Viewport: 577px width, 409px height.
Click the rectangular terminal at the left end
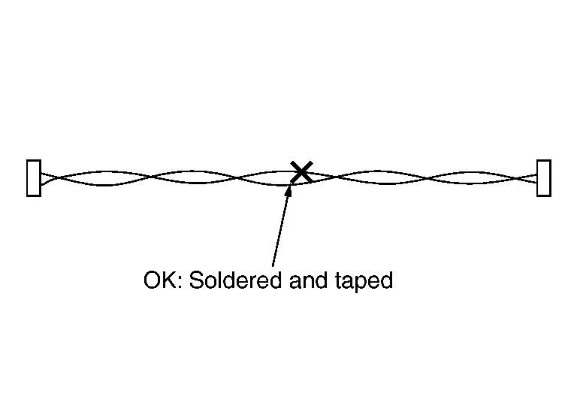(34, 178)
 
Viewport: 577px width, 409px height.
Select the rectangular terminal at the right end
(543, 178)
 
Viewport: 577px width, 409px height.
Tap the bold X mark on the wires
(301, 172)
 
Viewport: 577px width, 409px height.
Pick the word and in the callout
(308, 280)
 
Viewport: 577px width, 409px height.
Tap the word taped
(364, 281)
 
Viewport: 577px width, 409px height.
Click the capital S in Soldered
(196, 280)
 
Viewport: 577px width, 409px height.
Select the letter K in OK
(169, 280)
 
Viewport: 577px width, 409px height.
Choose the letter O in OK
(152, 280)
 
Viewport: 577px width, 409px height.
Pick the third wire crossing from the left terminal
(237, 178)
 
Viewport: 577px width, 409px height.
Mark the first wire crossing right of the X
(336, 177)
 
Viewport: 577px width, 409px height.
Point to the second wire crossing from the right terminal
(428, 178)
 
